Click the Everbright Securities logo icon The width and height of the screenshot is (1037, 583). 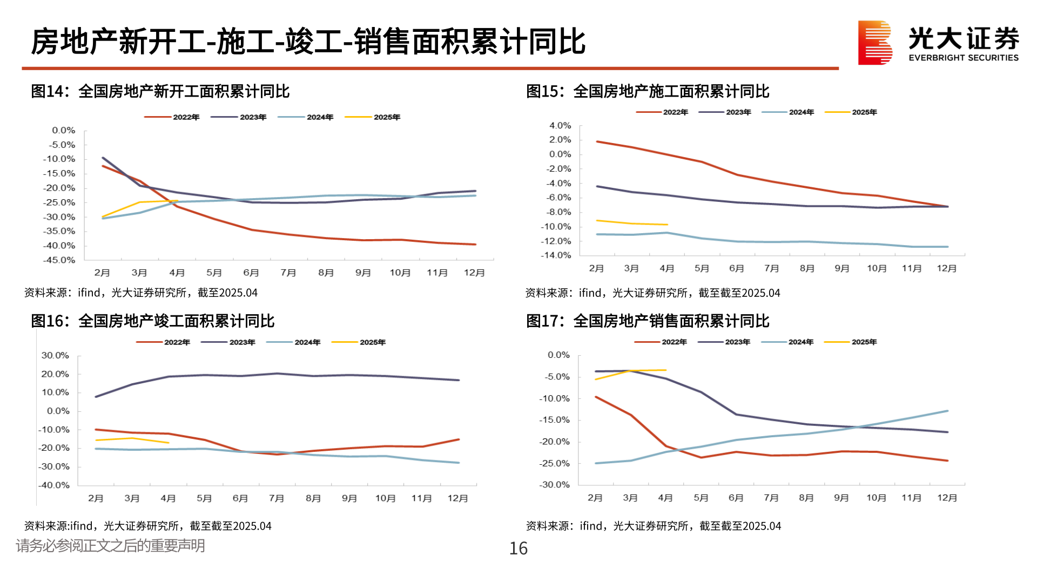point(874,43)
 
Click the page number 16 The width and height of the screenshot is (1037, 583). point(518,548)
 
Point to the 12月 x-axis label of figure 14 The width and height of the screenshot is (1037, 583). point(474,273)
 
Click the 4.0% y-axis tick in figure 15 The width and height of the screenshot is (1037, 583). point(560,125)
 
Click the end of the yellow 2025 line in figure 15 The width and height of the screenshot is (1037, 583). point(668,225)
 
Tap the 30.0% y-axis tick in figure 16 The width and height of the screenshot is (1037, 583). point(55,355)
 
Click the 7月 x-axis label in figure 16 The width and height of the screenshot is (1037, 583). point(277,498)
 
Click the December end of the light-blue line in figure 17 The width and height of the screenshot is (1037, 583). point(947,411)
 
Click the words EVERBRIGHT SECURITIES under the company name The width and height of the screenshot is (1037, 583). point(964,58)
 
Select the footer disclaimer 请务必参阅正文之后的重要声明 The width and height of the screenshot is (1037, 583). point(111,546)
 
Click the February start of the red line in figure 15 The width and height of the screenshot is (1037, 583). point(597,141)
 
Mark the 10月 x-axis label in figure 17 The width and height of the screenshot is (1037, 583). point(876,498)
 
